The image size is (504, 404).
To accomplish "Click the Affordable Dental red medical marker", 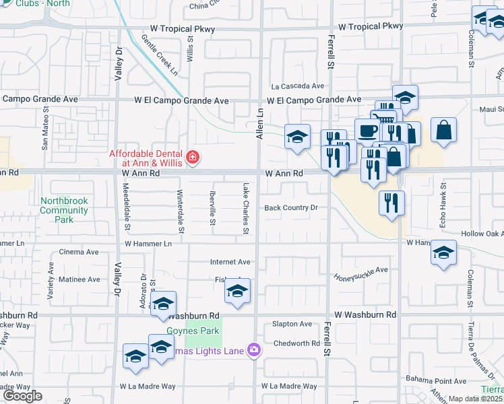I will [x=193, y=158].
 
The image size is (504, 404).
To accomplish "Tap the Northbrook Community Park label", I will [x=64, y=210].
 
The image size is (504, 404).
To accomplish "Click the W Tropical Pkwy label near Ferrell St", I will [x=371, y=27].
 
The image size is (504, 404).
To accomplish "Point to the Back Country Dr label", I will [x=291, y=208].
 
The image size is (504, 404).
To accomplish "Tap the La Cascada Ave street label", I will [x=298, y=86].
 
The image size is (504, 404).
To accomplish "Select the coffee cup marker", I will [x=367, y=130].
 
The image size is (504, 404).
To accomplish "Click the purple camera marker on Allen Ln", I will [x=253, y=349].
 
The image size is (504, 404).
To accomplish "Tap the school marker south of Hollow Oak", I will [x=443, y=253].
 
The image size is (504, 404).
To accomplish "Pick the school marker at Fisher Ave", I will [x=237, y=292].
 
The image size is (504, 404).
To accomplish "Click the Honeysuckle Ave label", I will [x=362, y=270].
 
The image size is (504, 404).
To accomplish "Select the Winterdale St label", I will [x=180, y=211].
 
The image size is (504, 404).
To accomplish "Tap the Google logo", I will [x=22, y=396].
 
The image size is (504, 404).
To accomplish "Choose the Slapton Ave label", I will [x=292, y=324].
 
